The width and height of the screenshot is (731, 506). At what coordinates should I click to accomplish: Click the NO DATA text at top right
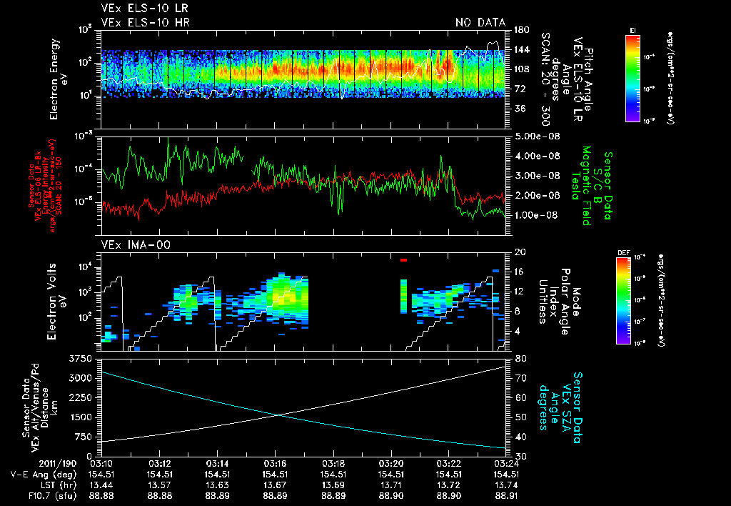pyautogui.click(x=480, y=23)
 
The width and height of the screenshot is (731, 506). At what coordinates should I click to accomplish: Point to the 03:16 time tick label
pyautogui.click(x=275, y=463)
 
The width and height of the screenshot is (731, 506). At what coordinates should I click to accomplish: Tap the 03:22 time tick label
pyautogui.click(x=448, y=463)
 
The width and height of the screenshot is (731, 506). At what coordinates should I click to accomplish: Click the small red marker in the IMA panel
pyautogui.click(x=403, y=260)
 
